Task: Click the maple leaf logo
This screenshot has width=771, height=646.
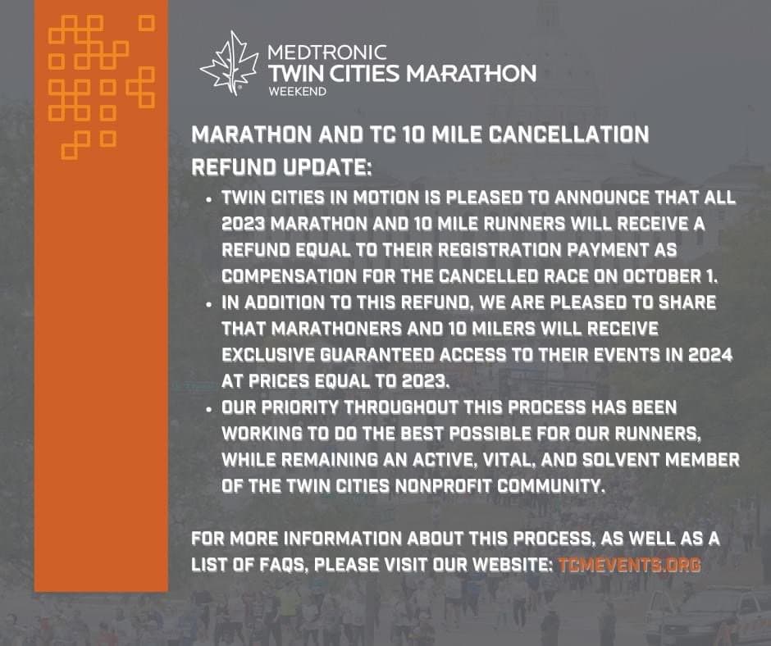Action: (x=230, y=64)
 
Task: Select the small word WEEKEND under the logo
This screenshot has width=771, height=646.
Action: (x=297, y=92)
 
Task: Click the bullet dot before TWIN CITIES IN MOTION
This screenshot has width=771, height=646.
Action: (x=210, y=200)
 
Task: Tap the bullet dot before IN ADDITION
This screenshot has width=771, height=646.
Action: (x=210, y=305)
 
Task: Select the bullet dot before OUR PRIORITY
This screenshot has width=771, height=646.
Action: (x=210, y=410)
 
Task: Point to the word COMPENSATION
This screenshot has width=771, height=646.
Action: (x=289, y=276)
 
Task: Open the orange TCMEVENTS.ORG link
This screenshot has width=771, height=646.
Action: (x=629, y=564)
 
